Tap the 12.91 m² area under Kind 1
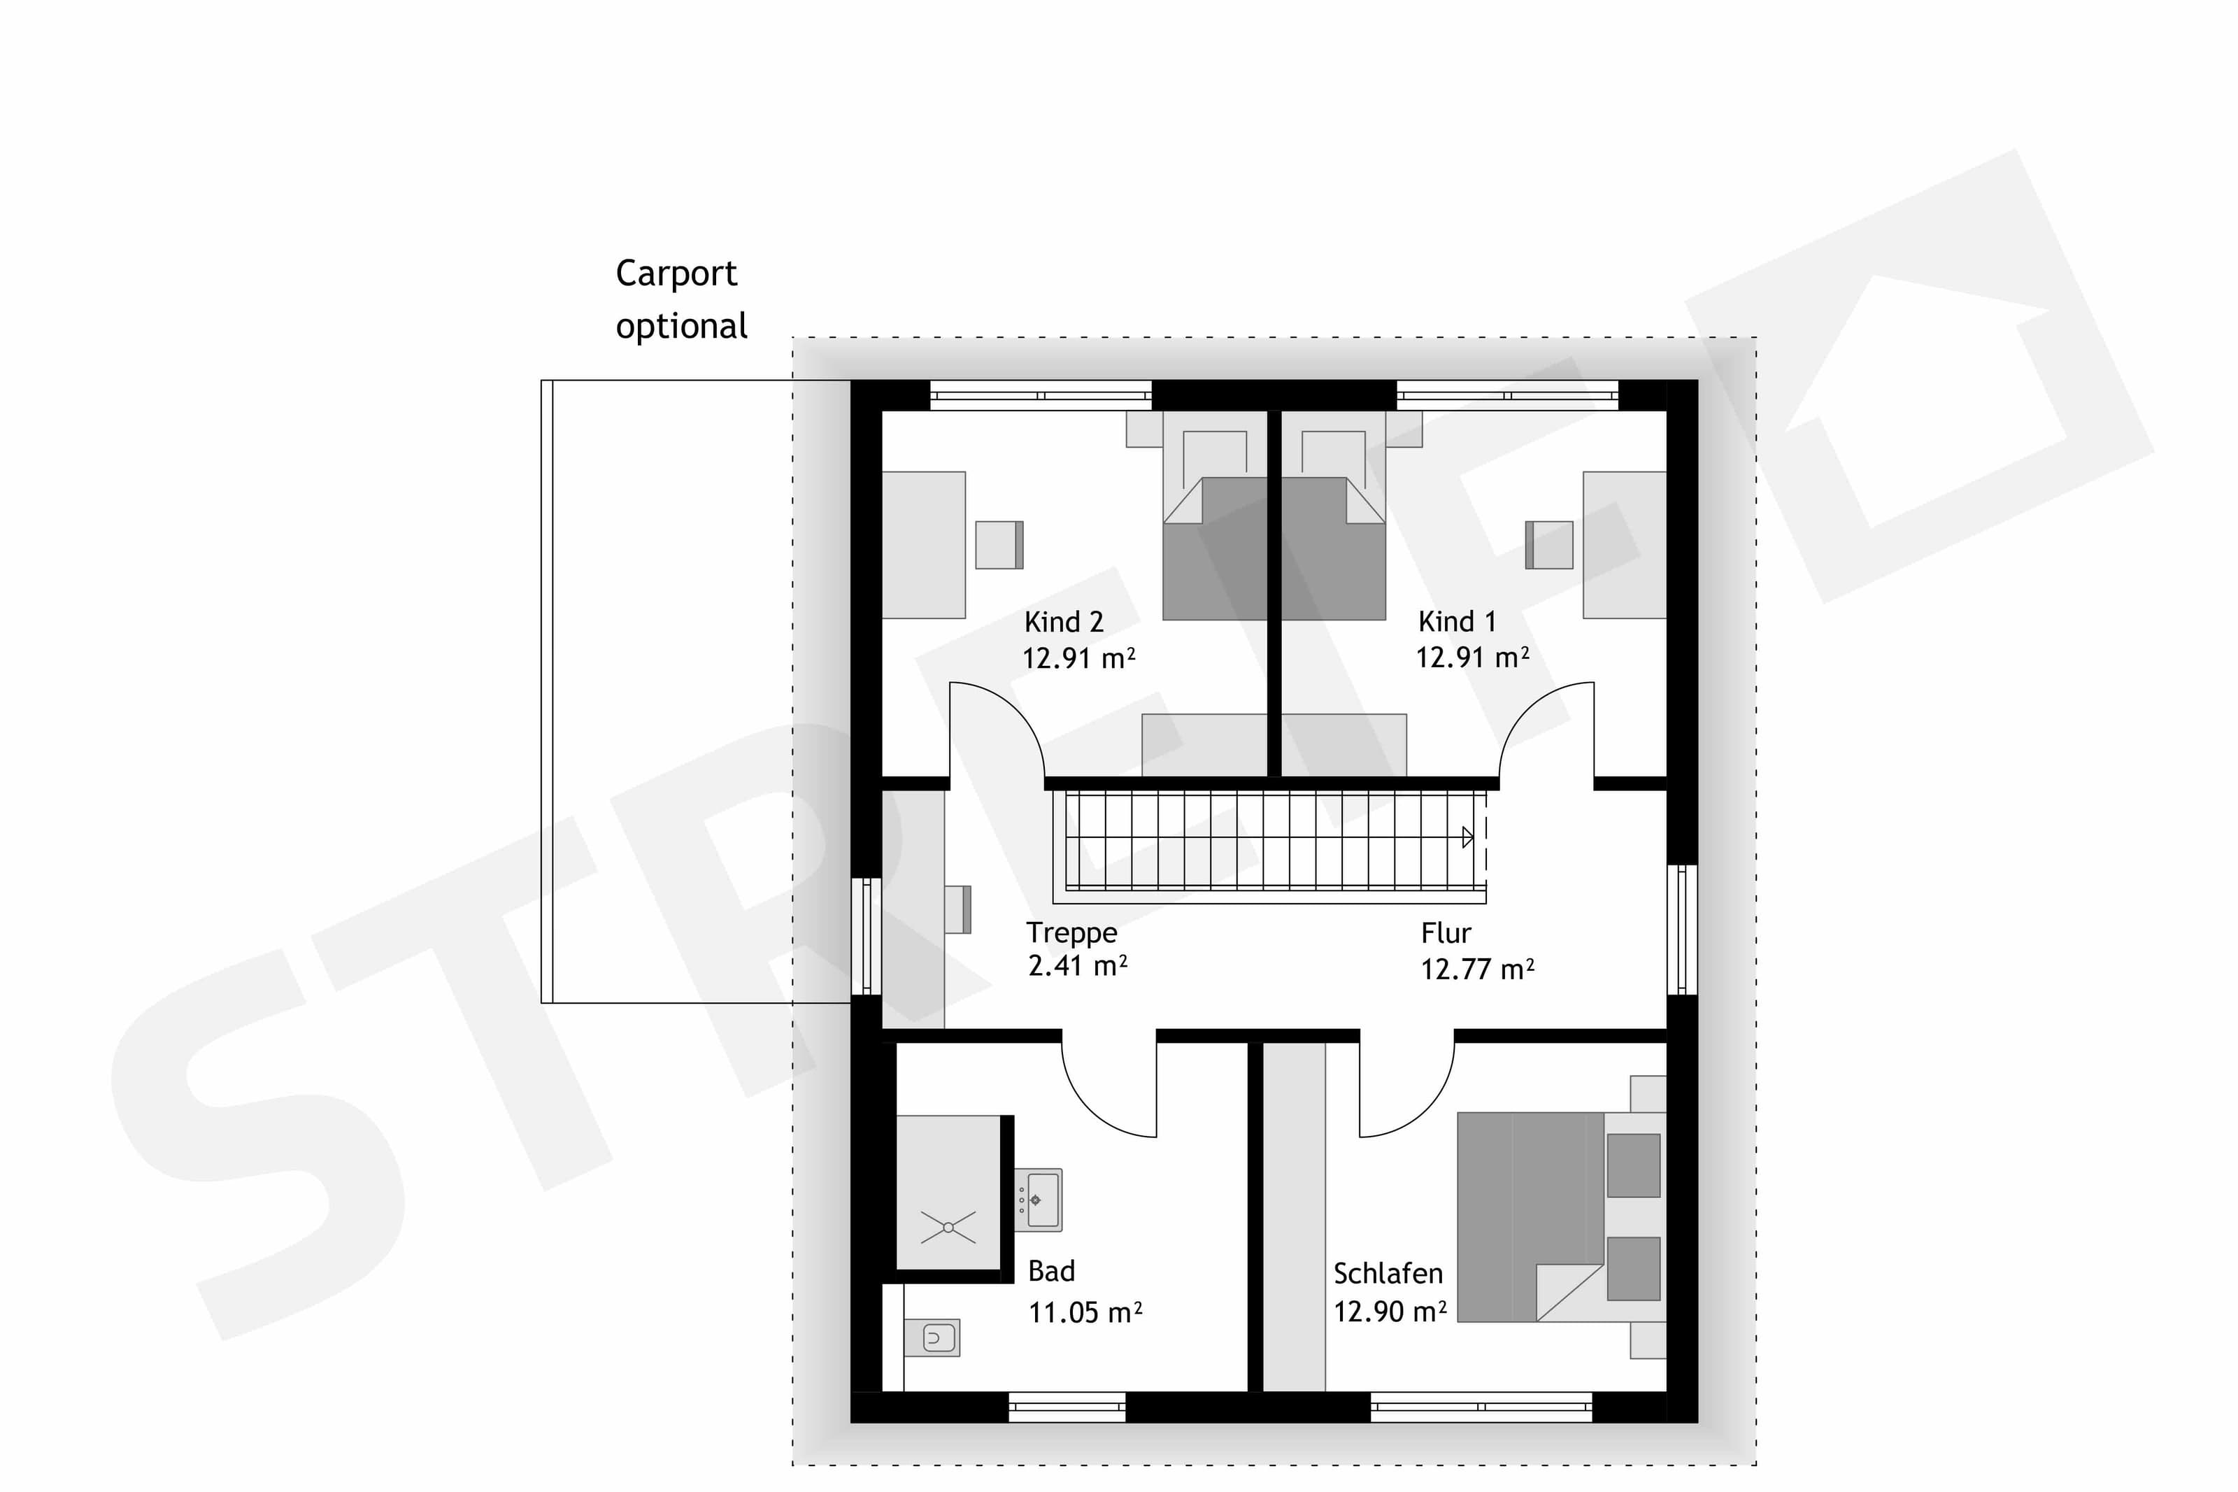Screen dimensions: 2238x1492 pos(1471,658)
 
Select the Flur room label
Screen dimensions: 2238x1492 pos(1446,933)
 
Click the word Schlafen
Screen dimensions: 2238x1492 pos(1388,1273)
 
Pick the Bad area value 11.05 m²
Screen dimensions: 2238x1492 pos(1084,1313)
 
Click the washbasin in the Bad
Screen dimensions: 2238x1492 pos(1038,1200)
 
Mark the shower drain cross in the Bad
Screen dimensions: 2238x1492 pos(948,1228)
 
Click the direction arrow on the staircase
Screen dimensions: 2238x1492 pos(1467,837)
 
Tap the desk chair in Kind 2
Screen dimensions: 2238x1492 pos(999,544)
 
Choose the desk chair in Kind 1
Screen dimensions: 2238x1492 pos(1548,544)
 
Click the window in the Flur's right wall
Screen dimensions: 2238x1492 pos(1681,930)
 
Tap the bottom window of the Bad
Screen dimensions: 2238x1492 pos(1067,1407)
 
